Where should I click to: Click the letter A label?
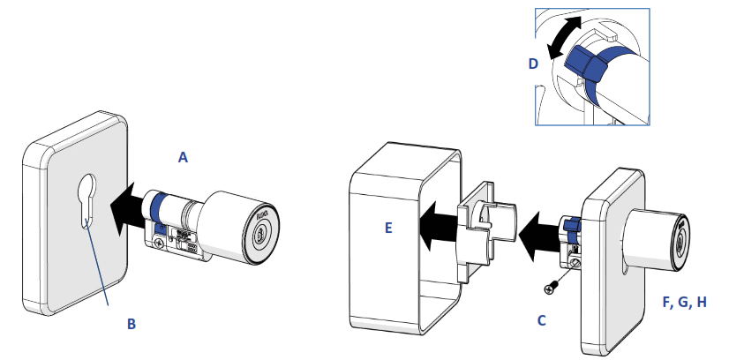[183, 158]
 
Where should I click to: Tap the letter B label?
[131, 324]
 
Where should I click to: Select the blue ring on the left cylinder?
[160, 209]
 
